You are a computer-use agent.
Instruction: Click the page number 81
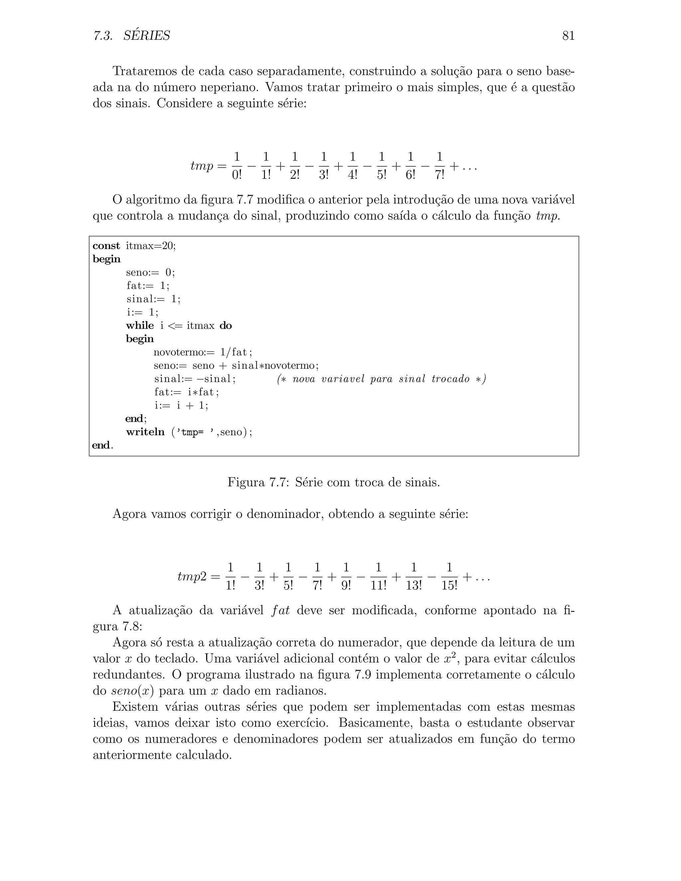[568, 36]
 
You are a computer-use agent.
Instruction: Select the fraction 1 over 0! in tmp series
[237, 166]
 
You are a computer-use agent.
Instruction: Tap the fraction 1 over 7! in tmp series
[439, 166]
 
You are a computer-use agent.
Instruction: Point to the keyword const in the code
[106, 246]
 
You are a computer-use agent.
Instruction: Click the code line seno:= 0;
[151, 273]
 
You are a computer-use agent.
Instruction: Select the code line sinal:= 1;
[153, 299]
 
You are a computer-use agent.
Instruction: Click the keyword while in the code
[140, 326]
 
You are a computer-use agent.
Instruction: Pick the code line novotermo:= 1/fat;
[203, 352]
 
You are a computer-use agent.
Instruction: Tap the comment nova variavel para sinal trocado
[381, 379]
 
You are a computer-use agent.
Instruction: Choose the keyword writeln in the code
[145, 432]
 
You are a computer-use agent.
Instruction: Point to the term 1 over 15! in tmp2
[449, 577]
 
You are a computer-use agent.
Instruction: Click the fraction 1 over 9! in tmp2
[346, 577]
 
